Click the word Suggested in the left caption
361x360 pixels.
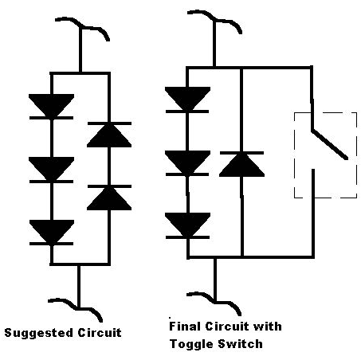[39, 334]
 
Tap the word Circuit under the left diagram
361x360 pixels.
[100, 332]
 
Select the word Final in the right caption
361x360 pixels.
[185, 326]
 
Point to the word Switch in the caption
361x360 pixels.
[240, 344]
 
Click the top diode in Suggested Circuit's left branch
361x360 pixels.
[51, 107]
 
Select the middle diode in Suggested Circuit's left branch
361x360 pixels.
[51, 170]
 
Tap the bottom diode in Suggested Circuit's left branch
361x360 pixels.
[52, 233]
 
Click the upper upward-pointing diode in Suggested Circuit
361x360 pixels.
[109, 135]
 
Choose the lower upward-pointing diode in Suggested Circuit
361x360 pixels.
[109, 198]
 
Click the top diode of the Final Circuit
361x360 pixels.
[187, 100]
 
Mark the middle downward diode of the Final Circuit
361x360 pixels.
[187, 163]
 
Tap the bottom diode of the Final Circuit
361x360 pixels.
[187, 225]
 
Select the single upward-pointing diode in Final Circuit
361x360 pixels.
[241, 164]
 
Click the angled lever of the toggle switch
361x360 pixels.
[330, 144]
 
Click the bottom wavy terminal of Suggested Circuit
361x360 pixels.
[76, 309]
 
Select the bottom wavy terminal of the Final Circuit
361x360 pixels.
[214, 302]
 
